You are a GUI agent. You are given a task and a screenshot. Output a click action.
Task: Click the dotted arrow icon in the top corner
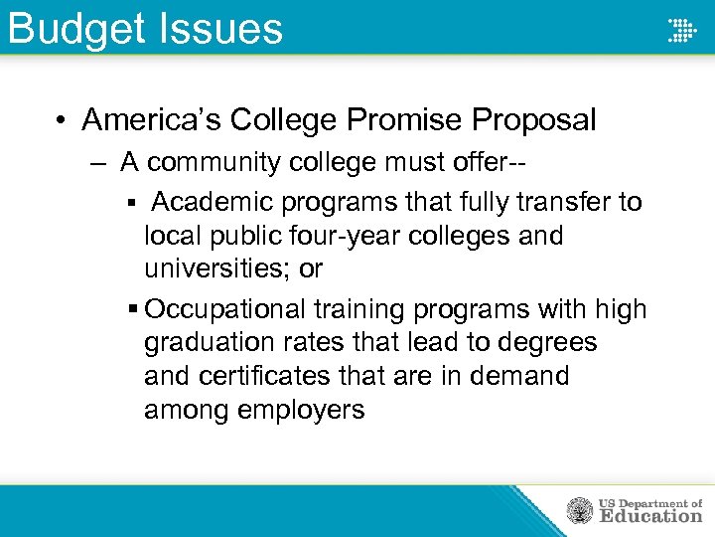(681, 30)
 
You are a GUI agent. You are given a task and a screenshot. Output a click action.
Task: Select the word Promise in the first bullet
(404, 121)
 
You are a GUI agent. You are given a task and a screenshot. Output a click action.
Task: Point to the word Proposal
(533, 121)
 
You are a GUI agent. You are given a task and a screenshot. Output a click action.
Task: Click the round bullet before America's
(62, 121)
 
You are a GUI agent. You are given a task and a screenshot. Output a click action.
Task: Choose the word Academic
(213, 203)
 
